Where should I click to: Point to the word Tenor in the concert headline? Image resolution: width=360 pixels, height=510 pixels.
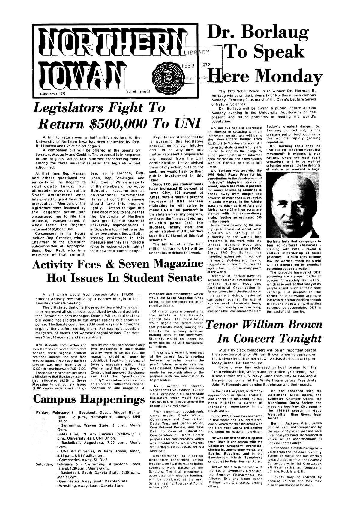pyautogui.click(x=223, y=325)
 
